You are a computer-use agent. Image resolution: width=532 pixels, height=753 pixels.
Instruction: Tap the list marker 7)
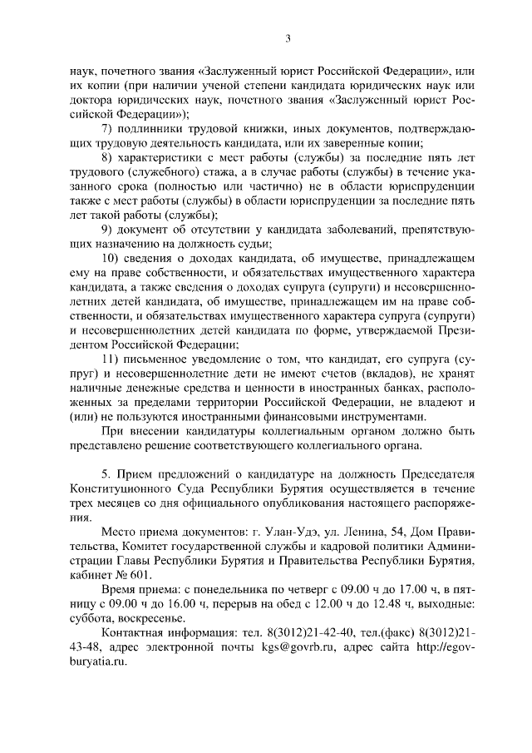107,128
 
